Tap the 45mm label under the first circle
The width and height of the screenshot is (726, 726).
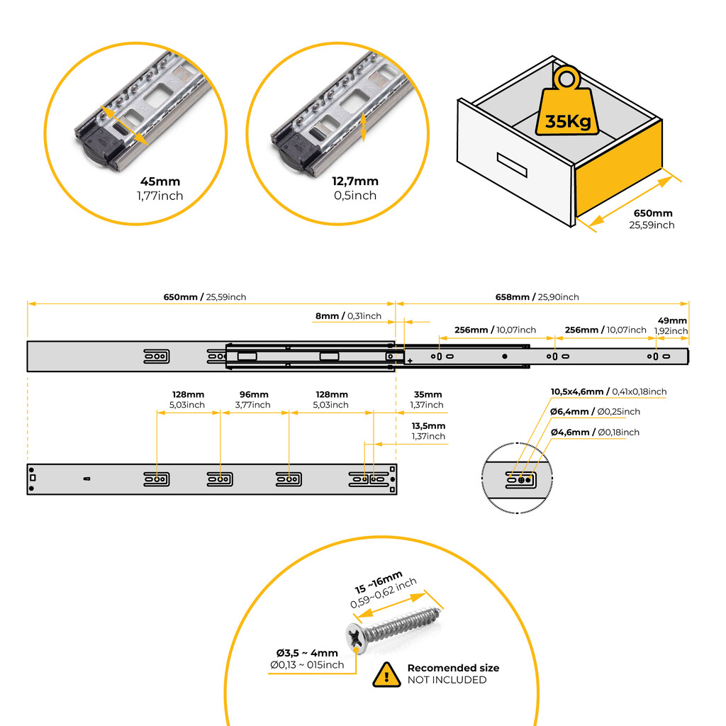[160, 182]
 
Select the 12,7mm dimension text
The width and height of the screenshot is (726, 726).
[355, 181]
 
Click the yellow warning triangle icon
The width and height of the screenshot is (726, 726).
[386, 674]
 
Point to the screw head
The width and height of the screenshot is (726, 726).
[357, 637]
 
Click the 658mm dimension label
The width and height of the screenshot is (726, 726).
[515, 297]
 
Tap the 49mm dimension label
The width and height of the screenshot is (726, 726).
[672, 320]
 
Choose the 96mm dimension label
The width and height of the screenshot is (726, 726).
[254, 395]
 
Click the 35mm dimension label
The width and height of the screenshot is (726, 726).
[427, 395]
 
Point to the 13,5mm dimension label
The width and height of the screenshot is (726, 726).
[428, 426]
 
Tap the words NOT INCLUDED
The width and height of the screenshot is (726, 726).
[447, 680]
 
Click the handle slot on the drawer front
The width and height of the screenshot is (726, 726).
[513, 164]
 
